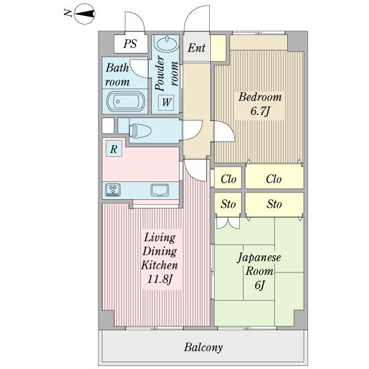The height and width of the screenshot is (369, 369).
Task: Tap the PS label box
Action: click(130, 44)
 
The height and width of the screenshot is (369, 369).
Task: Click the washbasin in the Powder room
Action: click(165, 44)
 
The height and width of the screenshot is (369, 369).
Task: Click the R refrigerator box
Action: click(114, 148)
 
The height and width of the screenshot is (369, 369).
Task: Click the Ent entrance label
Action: click(196, 48)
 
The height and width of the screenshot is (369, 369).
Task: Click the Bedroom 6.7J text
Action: click(260, 104)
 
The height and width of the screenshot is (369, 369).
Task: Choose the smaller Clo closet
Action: click(229, 180)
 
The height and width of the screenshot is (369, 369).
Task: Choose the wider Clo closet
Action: click(274, 180)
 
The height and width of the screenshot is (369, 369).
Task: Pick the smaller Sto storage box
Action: click(229, 204)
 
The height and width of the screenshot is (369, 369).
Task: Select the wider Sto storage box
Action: click(274, 204)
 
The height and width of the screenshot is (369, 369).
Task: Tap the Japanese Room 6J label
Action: click(259, 271)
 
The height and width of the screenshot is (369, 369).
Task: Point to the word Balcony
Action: click(203, 347)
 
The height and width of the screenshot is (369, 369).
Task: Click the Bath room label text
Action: click(117, 75)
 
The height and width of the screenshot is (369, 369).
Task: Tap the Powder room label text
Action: click(167, 73)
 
